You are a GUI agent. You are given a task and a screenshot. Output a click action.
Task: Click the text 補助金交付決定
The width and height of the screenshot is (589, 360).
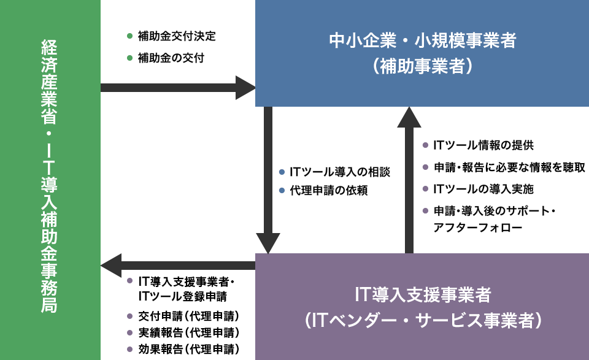pos(177,36)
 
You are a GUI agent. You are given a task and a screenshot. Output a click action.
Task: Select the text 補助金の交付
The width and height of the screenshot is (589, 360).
pos(171,58)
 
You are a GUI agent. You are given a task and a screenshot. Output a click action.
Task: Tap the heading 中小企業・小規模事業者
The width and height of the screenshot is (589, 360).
pos(423,40)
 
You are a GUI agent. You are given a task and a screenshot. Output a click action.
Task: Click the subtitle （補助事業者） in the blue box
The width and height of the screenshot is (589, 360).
pos(423,66)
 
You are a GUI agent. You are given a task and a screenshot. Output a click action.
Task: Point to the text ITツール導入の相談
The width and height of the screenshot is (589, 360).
pos(339,172)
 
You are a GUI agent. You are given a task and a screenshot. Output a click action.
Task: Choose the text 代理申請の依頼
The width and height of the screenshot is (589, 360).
pos(329,190)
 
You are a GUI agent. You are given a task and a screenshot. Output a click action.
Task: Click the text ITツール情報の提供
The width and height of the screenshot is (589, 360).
pos(483,145)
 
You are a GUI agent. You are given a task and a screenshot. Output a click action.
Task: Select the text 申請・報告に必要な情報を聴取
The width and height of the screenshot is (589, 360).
pos(509,167)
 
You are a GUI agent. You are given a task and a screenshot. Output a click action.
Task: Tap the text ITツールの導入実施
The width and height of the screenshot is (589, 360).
pos(483,189)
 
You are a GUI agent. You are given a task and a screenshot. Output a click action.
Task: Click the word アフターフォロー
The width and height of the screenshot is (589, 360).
pos(478,228)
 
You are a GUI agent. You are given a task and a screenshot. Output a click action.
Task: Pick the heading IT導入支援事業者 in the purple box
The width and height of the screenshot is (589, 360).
pos(423,294)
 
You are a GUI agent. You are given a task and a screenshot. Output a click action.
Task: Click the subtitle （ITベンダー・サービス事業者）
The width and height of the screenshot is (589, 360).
pos(423,320)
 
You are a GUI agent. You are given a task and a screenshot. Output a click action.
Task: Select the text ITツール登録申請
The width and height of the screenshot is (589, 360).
pos(183,297)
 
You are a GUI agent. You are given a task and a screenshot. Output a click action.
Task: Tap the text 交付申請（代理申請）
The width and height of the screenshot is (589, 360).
pos(188,316)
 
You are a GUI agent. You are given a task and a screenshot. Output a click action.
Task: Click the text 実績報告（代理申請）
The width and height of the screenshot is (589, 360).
pos(188,332)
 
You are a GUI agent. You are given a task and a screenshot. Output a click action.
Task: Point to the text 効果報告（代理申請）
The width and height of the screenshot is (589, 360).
pos(188,349)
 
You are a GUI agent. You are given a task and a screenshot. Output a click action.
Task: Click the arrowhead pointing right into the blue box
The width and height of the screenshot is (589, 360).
pos(245,88)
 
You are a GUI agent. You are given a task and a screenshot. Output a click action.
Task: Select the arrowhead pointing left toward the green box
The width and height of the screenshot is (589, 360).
pos(111,266)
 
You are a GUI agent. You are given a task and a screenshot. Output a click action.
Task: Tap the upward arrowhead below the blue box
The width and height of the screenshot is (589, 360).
pos(409,117)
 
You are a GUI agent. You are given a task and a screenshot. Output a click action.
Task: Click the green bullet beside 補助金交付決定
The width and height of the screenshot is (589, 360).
pos(130,36)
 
